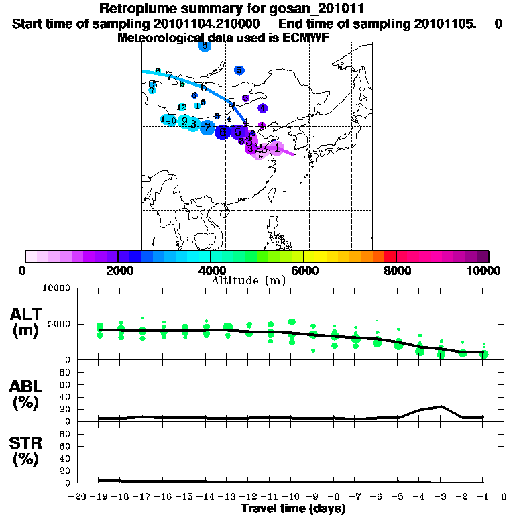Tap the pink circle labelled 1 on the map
coord(277,148)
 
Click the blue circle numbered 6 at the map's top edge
coord(205,46)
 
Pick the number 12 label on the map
coord(182,107)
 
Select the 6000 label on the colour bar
coord(304,271)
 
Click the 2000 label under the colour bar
coord(117,271)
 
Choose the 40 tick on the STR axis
coord(66,459)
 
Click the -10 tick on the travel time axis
coord(292,496)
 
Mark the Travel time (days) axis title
coord(293,509)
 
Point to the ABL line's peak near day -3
coord(441,406)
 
